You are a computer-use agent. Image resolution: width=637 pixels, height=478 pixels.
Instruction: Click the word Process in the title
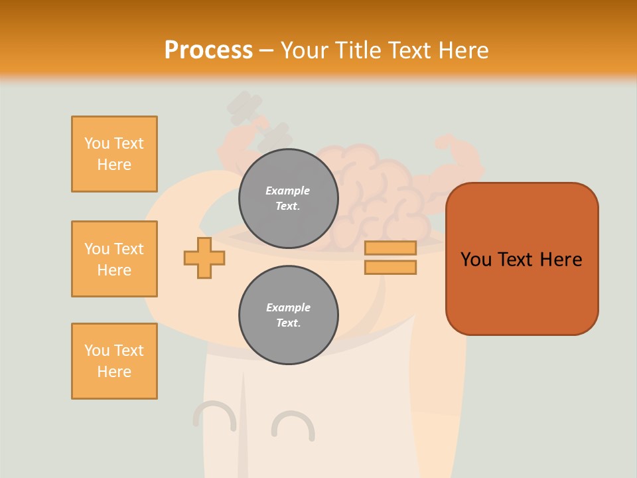208,50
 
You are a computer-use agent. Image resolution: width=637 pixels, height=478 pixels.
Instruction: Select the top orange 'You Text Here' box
114,154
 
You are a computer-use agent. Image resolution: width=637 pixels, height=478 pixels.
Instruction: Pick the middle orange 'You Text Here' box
114,259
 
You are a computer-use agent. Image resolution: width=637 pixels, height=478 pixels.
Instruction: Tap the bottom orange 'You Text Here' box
114,361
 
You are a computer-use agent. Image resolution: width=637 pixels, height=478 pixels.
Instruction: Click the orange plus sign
204,258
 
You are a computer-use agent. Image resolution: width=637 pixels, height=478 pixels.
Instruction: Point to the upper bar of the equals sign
390,248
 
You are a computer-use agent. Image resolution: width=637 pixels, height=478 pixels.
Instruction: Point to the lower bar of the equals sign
390,267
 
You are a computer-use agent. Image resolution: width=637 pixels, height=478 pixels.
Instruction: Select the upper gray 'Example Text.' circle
288,199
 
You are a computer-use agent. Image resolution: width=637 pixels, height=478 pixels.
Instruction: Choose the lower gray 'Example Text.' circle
288,315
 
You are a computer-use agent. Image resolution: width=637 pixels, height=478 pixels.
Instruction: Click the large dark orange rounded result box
522,259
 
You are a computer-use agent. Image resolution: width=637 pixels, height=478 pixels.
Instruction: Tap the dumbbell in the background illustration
259,122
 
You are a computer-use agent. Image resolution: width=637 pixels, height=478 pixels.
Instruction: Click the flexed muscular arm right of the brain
455,163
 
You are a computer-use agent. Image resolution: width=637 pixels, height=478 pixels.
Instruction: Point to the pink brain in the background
372,193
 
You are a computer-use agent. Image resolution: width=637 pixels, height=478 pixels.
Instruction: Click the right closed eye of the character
293,425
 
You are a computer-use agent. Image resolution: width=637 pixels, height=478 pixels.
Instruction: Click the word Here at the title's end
463,50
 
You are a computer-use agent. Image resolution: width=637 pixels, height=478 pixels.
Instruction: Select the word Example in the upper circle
288,191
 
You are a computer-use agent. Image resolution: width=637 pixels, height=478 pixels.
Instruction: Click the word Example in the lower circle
288,307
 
